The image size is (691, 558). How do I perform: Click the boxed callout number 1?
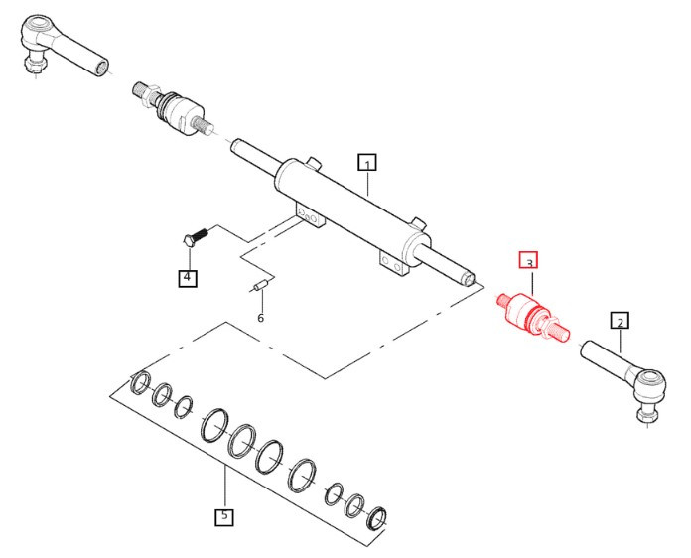(x=367, y=163)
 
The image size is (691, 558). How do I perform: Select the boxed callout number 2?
(x=620, y=321)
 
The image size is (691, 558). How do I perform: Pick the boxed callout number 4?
(x=188, y=278)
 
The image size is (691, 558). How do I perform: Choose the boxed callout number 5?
(x=224, y=517)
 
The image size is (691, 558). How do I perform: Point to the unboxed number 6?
(x=260, y=318)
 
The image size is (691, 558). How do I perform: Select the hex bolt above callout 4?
(x=195, y=236)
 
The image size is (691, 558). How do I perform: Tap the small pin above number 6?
(x=260, y=285)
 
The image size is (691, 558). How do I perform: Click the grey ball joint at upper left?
(x=173, y=108)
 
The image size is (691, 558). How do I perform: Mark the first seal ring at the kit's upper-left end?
(x=141, y=382)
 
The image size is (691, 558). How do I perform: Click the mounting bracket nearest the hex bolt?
(x=311, y=215)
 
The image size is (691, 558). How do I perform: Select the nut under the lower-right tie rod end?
(x=645, y=415)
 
